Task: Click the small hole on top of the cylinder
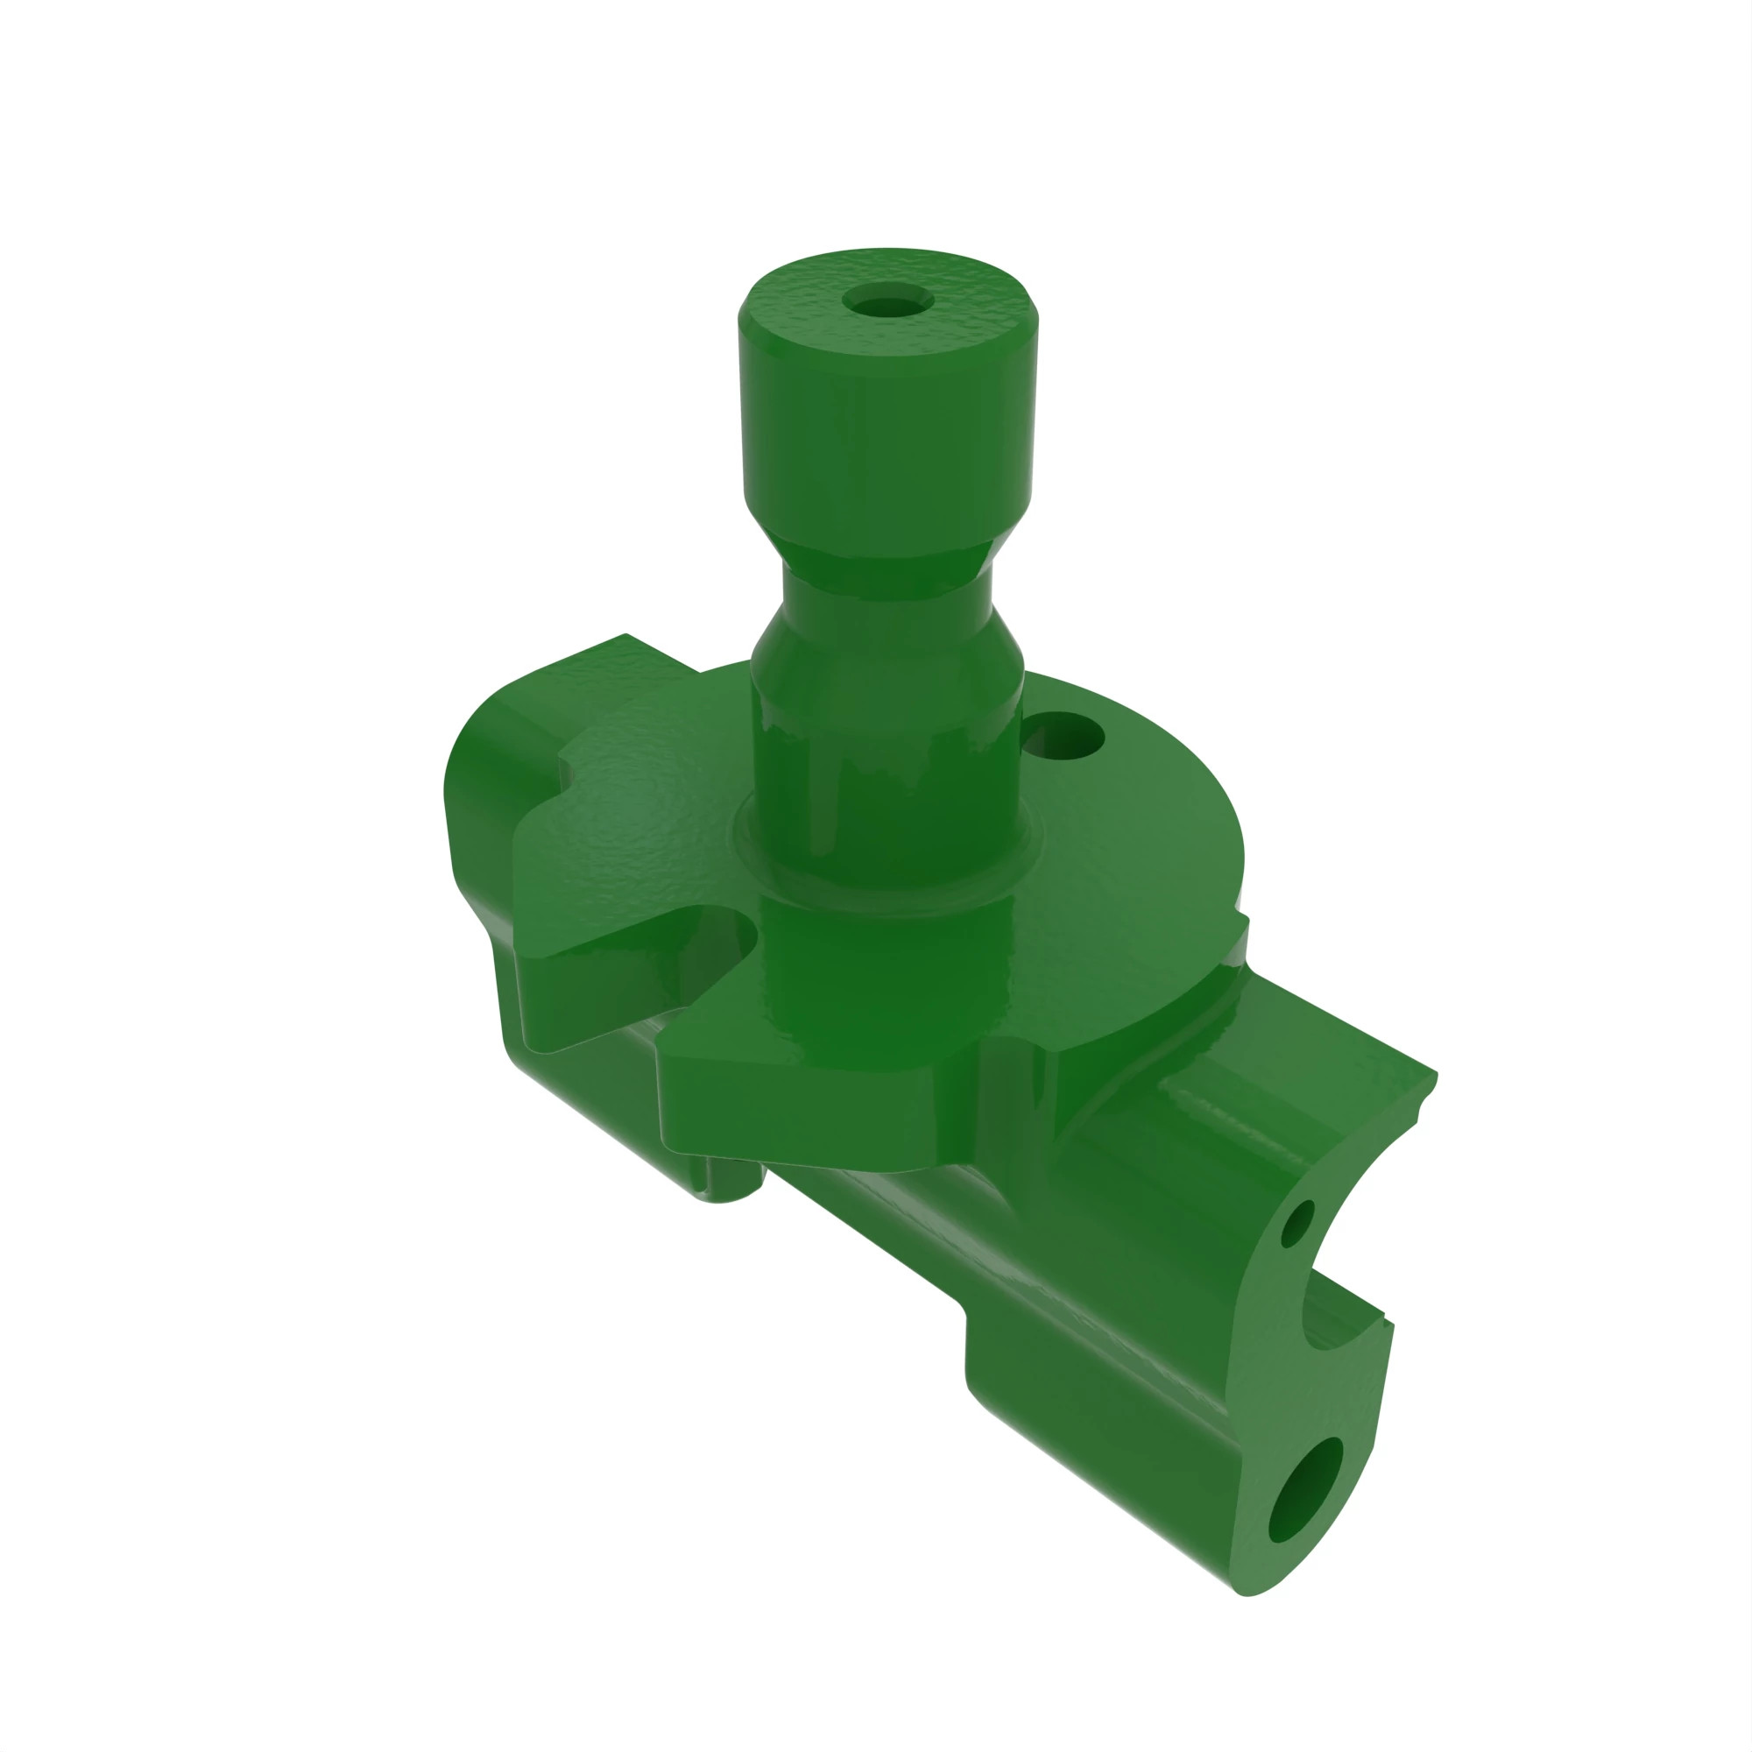(887, 300)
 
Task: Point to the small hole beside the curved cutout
(1296, 1223)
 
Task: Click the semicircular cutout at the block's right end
(1333, 1269)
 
